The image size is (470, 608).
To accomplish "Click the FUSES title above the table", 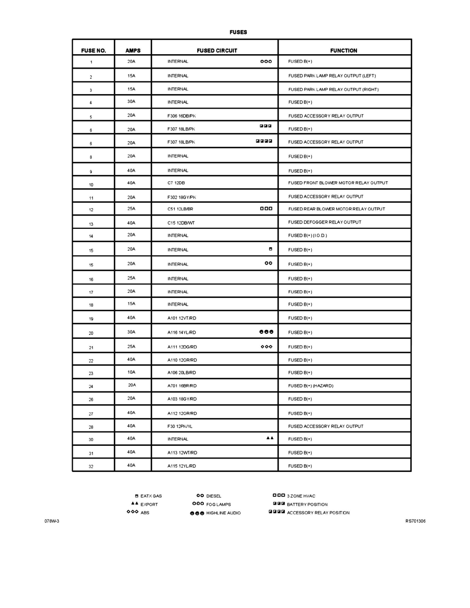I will tap(238, 32).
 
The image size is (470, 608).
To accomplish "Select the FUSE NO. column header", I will tap(93, 51).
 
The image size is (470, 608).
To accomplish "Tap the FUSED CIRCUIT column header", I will tap(217, 51).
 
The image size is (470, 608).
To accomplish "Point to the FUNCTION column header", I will tap(344, 51).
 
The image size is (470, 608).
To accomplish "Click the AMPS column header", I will tap(133, 51).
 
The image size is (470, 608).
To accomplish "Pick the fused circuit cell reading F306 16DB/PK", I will tap(181, 116).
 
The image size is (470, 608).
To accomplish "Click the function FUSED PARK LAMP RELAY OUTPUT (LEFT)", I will tap(332, 76).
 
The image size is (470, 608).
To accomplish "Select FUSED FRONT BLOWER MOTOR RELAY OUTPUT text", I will tap(338, 183).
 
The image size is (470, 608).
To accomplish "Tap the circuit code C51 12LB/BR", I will tap(180, 209).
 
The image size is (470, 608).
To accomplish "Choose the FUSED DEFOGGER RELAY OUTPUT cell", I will tap(325, 222).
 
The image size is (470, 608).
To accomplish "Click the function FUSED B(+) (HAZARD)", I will tap(310, 386).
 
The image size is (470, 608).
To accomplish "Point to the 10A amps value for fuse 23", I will tap(132, 372).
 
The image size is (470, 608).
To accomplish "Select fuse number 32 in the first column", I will tap(91, 467).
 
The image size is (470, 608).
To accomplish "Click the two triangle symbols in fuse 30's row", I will tap(270, 438).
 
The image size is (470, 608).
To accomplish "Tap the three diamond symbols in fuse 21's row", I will tap(266, 346).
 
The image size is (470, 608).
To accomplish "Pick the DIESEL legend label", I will tap(213, 496).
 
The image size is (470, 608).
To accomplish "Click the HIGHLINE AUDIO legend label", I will tap(223, 513).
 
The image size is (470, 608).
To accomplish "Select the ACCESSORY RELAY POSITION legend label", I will tap(318, 512).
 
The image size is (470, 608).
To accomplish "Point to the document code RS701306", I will tap(415, 522).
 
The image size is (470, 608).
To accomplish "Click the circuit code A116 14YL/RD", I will tap(182, 333).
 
